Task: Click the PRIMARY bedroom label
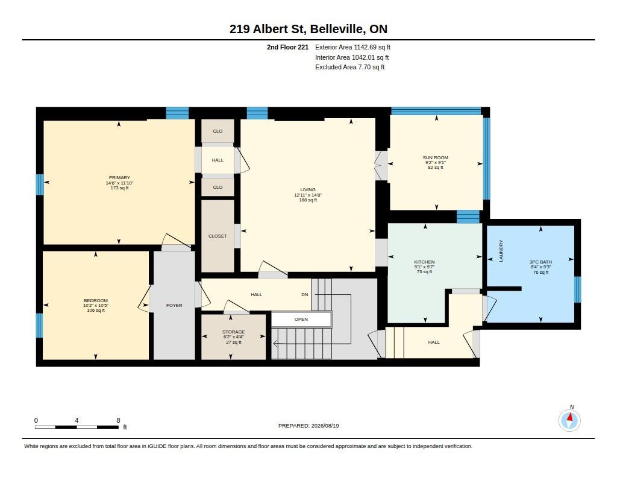point(119,178)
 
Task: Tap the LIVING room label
point(308,189)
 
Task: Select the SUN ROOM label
point(436,157)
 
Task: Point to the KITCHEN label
point(424,262)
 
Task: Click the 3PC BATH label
point(540,262)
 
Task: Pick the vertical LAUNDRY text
point(501,251)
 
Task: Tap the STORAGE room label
point(234,332)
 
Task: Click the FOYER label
point(174,305)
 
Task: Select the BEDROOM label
point(96,300)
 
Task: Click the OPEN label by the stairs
point(301,319)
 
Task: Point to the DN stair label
point(304,295)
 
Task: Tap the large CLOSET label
point(218,236)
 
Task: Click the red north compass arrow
point(570,417)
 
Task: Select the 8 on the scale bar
point(118,420)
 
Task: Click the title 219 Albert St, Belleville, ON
point(308,29)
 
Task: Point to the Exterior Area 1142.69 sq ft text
point(352,47)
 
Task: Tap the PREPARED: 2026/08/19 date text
point(308,426)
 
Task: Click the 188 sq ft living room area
point(308,200)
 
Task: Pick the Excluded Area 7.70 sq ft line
point(350,68)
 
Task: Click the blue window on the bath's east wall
point(577,289)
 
